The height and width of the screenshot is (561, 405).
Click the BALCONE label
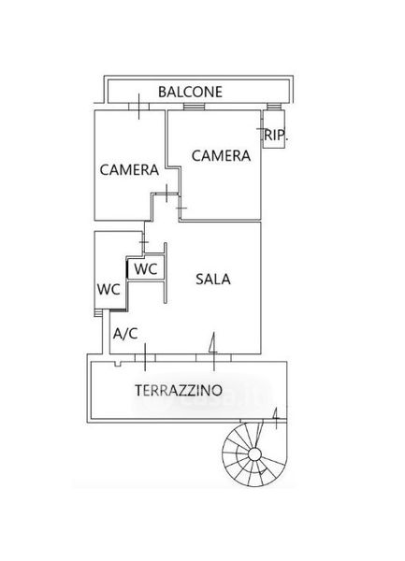[x=190, y=92]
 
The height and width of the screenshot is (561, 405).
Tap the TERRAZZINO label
[x=179, y=390]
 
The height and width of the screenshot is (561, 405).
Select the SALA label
[x=213, y=279]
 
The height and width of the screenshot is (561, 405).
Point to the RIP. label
[x=276, y=136]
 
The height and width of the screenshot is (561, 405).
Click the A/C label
[x=125, y=334]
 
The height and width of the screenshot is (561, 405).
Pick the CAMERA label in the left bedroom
[x=129, y=169]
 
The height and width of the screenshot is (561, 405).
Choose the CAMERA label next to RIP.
[x=221, y=155]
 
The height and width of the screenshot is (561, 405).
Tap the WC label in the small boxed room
[x=146, y=268]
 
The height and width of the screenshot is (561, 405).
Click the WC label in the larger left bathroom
[x=108, y=289]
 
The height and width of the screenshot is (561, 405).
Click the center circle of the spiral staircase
[x=254, y=454]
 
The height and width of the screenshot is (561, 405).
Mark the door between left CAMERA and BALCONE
[x=138, y=107]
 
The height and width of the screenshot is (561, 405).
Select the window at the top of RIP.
[x=274, y=106]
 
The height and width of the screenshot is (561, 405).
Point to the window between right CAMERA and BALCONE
[x=194, y=106]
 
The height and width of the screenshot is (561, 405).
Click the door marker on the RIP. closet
[x=262, y=129]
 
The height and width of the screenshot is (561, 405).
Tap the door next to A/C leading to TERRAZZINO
[x=145, y=357]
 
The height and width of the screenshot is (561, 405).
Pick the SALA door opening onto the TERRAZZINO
[x=213, y=357]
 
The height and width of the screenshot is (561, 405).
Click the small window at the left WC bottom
[x=98, y=312]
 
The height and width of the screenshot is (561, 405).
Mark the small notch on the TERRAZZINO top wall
[x=117, y=364]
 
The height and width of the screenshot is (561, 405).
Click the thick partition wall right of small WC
[x=166, y=273]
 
